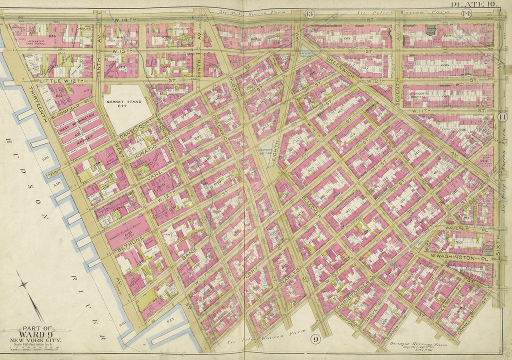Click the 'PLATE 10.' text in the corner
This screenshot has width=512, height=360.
479,4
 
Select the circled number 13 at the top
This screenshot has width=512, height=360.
309,13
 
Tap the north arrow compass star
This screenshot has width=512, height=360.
23,284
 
